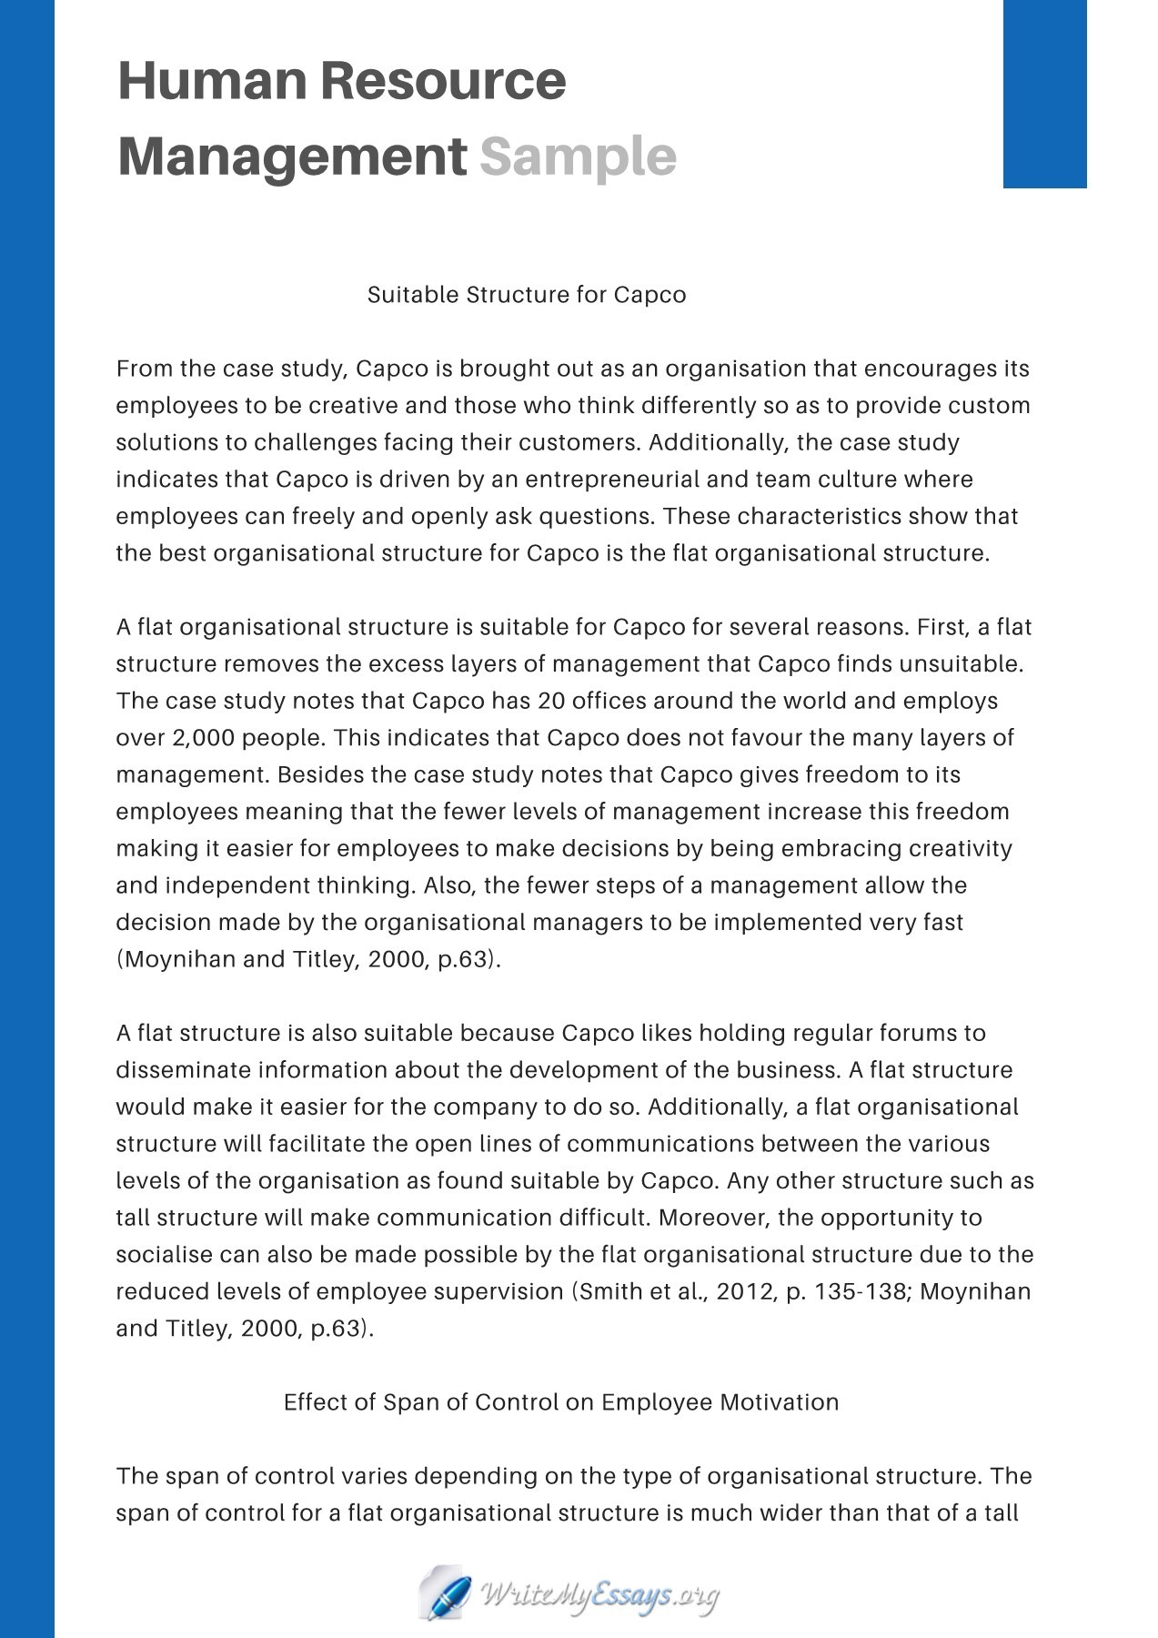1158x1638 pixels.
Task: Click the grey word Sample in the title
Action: [578, 157]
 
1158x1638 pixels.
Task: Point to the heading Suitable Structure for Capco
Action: [526, 295]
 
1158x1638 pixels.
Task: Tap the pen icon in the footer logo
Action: [446, 1592]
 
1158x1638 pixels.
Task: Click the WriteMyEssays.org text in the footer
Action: [600, 1594]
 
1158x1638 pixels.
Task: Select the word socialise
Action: [165, 1255]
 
